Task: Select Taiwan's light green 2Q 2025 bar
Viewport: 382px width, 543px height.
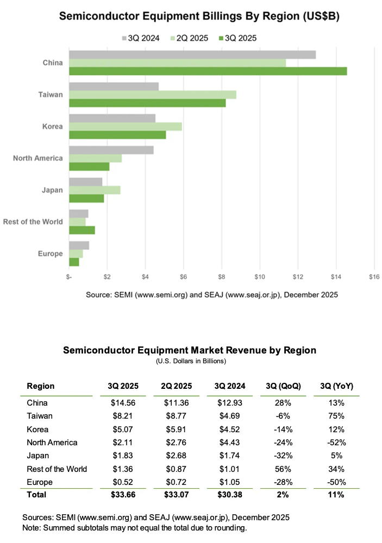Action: point(153,94)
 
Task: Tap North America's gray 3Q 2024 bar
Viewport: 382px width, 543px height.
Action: point(111,150)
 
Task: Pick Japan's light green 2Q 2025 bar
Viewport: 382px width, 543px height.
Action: point(95,190)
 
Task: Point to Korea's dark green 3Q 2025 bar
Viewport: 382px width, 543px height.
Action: point(117,135)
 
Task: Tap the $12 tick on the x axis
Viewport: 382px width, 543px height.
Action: point(298,277)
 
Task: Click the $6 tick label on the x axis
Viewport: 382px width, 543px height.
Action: point(183,277)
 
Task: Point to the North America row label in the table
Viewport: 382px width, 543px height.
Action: point(52,442)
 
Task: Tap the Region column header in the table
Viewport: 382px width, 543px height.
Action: point(40,386)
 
